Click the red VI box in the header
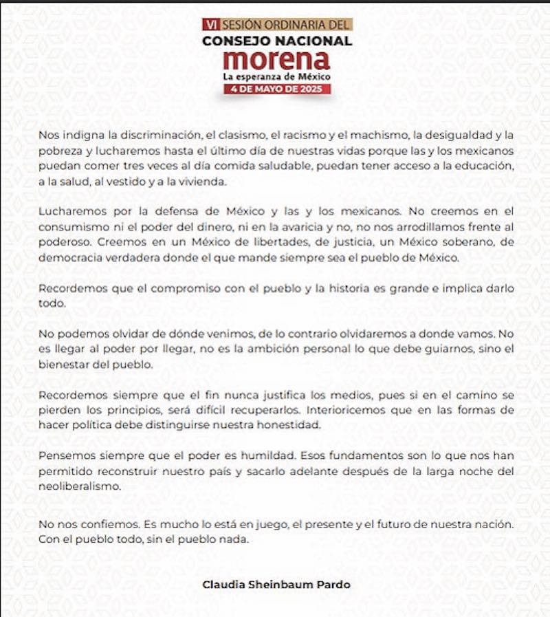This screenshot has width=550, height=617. point(208,24)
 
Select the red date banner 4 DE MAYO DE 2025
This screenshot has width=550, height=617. point(276,89)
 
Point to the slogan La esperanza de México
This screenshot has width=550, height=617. point(276,75)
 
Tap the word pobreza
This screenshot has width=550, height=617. point(58,151)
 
